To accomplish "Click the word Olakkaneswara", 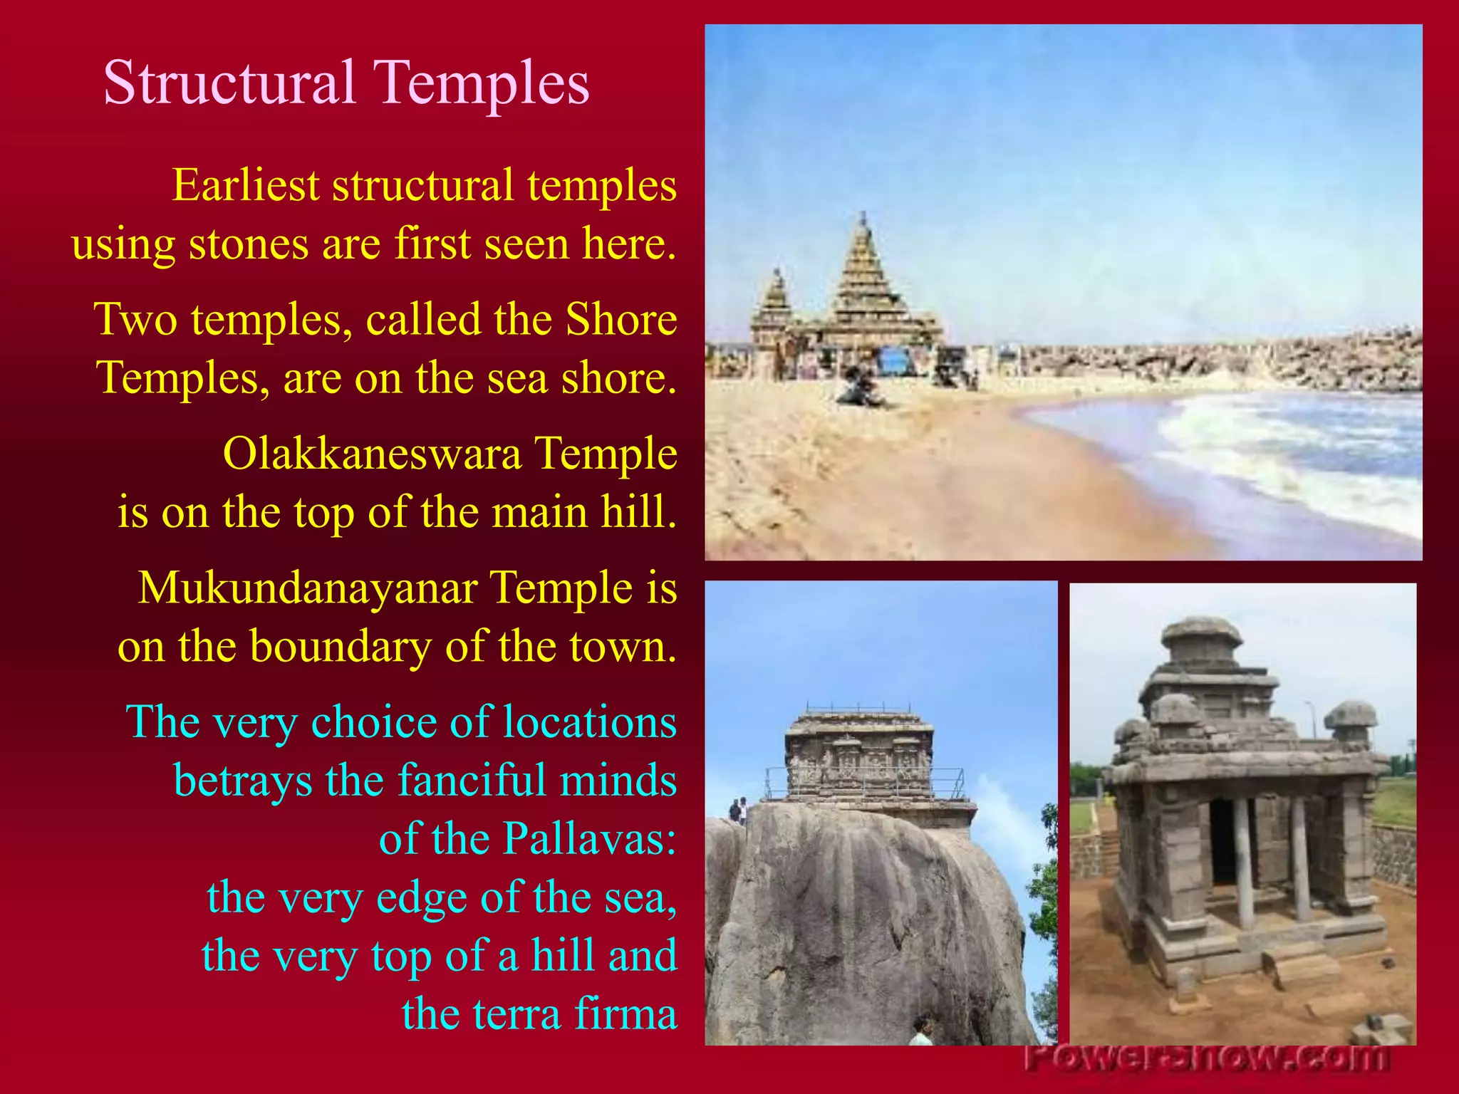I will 372,453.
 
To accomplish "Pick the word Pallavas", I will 590,838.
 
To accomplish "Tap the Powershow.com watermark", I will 1207,1058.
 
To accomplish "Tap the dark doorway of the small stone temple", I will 1223,840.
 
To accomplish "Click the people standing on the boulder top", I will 738,810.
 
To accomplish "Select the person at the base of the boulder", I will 922,1031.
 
